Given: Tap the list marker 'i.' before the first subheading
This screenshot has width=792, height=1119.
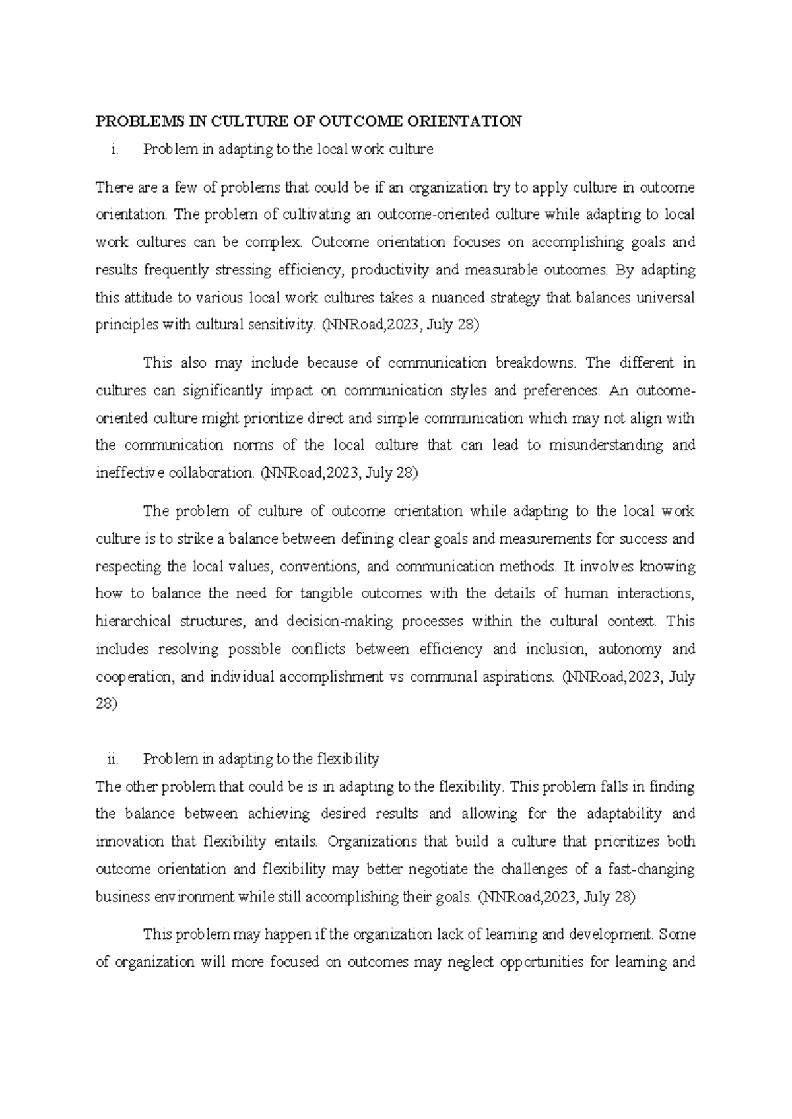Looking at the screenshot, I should tap(115, 150).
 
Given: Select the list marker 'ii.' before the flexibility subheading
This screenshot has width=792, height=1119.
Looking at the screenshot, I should tap(113, 759).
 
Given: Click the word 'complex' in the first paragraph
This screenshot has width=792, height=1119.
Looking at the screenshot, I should tap(273, 243).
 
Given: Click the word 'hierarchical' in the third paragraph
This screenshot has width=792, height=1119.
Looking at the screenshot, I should tap(134, 622).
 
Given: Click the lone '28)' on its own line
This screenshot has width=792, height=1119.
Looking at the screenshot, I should tap(106, 704).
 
